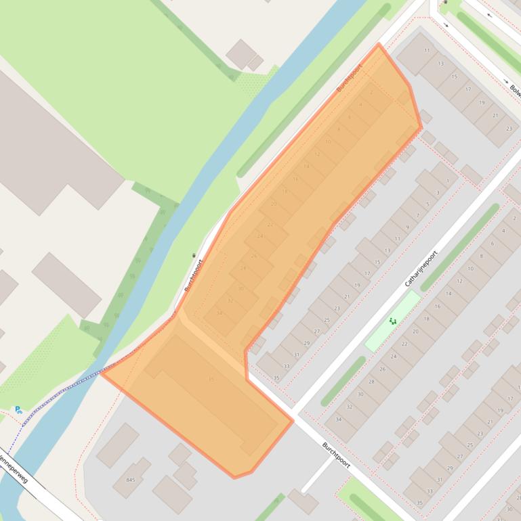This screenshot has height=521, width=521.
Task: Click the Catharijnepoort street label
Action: coord(421,269)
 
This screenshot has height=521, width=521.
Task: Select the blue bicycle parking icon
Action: coord(18,409)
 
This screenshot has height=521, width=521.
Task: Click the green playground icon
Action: coord(392,321)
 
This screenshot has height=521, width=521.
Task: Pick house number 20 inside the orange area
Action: coord(274,203)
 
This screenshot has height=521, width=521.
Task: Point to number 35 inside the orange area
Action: coord(211,379)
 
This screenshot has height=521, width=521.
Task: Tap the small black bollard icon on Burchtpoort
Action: coord(194,254)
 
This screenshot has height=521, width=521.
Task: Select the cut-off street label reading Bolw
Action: coord(514,89)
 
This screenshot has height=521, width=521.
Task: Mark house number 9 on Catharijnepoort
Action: coord(407,227)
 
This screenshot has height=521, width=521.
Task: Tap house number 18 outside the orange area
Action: coord(426,318)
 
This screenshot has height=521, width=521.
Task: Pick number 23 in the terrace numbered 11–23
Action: coord(509,128)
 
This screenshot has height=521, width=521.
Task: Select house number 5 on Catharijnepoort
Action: coord(428,204)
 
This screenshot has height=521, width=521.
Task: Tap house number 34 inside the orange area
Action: coord(220,313)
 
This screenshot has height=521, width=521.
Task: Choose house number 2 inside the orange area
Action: coord(371,93)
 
